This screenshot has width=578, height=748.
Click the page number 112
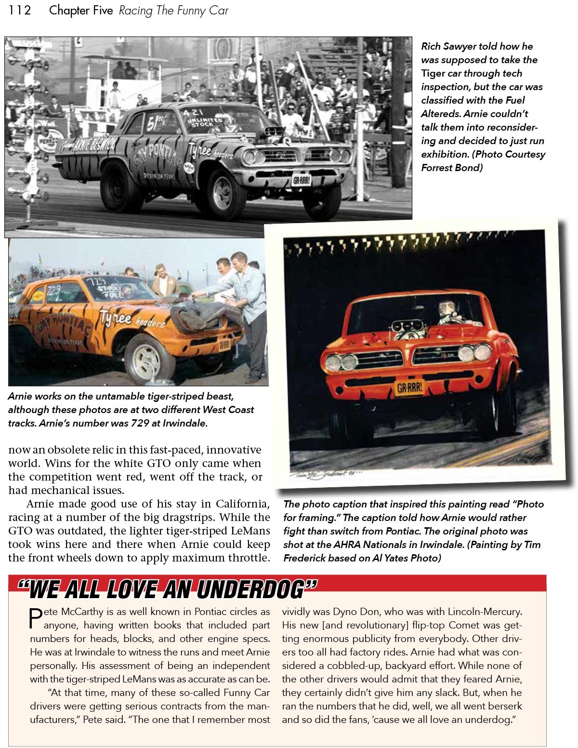20,10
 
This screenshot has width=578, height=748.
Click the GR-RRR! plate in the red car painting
409,387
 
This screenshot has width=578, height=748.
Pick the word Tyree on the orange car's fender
116,318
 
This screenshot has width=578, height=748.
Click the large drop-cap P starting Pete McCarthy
36,619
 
